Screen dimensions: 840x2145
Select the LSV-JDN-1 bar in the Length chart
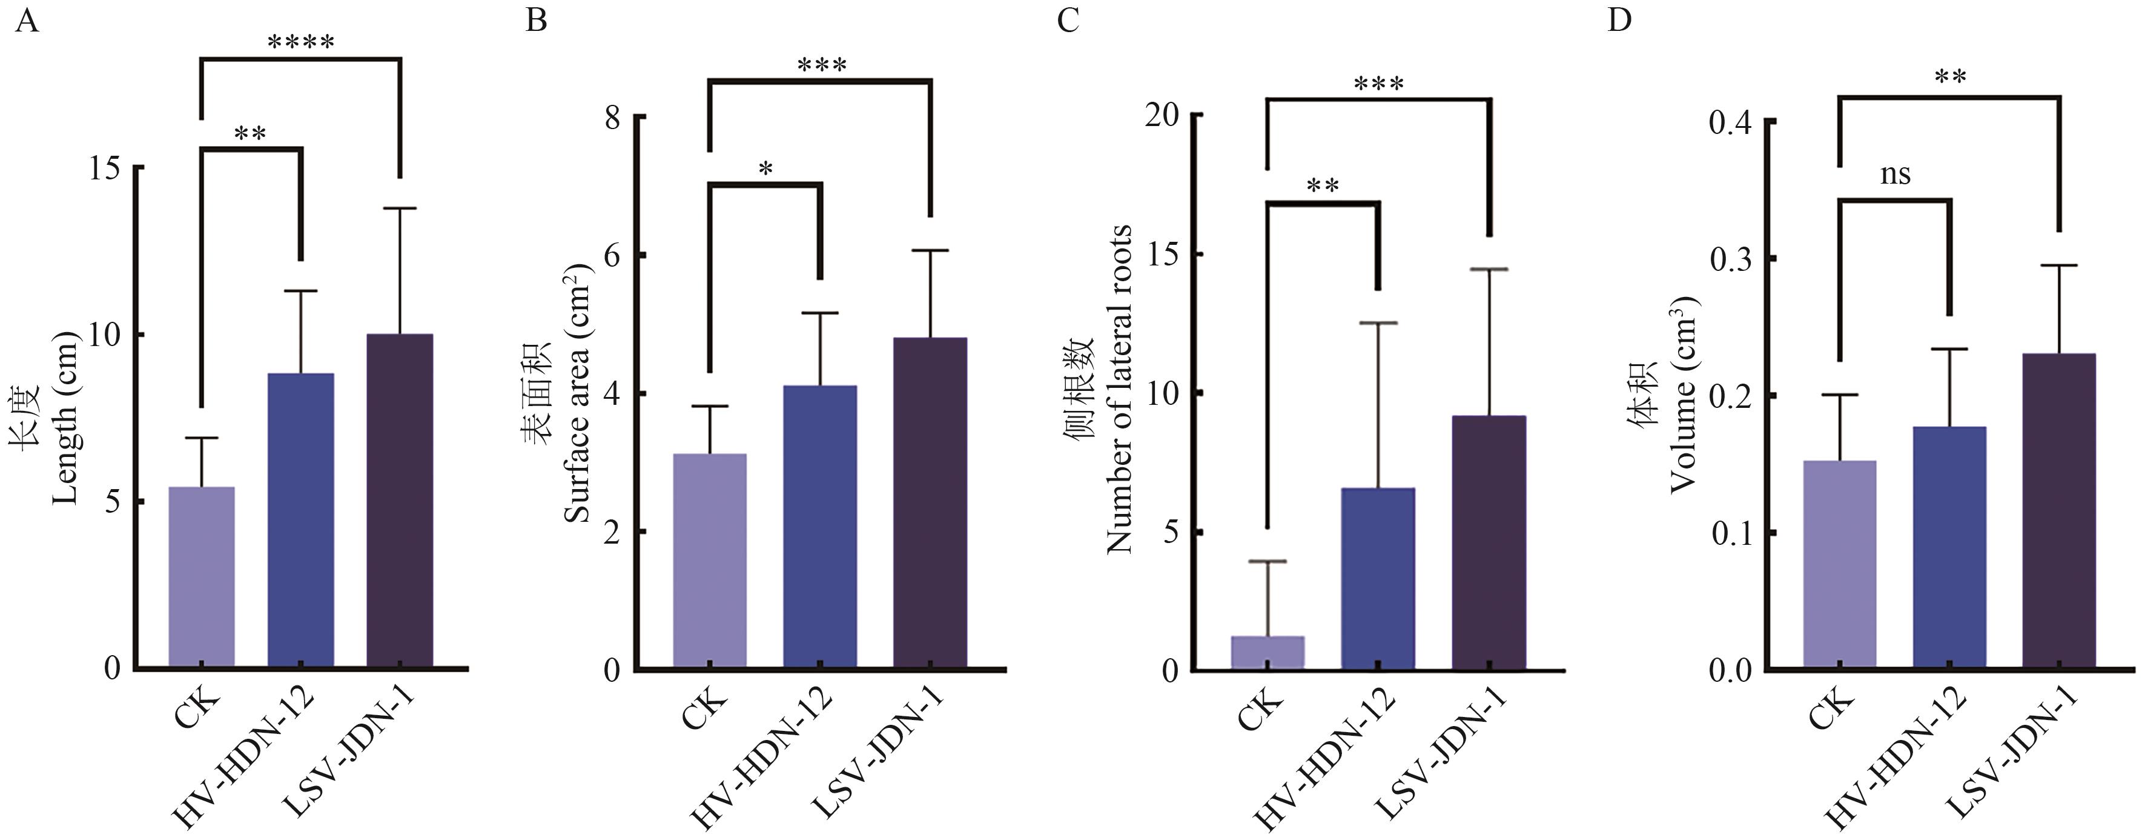click(x=400, y=500)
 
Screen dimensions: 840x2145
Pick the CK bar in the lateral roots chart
click(x=1267, y=653)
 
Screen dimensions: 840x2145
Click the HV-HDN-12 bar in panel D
click(x=1949, y=547)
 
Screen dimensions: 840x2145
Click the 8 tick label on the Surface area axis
click(x=613, y=118)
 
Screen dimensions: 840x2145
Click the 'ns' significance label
click(x=1895, y=174)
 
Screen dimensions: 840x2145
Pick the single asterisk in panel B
click(x=765, y=170)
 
